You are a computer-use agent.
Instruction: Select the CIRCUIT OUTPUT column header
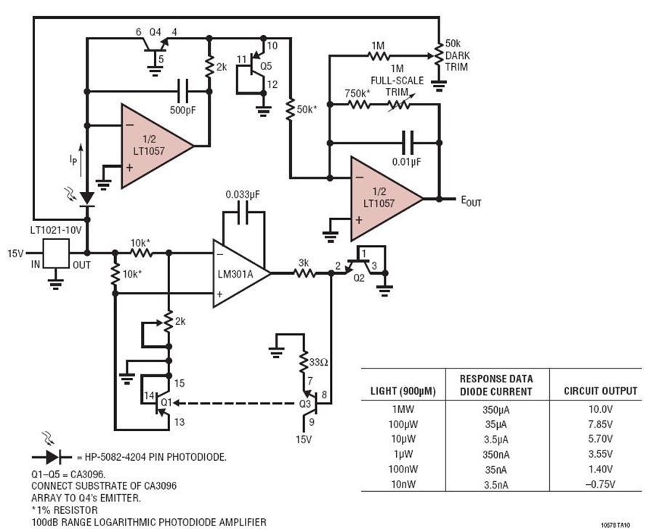pyautogui.click(x=600, y=391)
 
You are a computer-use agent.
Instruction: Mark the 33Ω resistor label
pyautogui.click(x=318, y=360)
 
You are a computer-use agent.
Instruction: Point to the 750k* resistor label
pyautogui.click(x=358, y=92)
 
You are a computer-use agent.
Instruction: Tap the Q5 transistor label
pyautogui.click(x=265, y=65)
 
